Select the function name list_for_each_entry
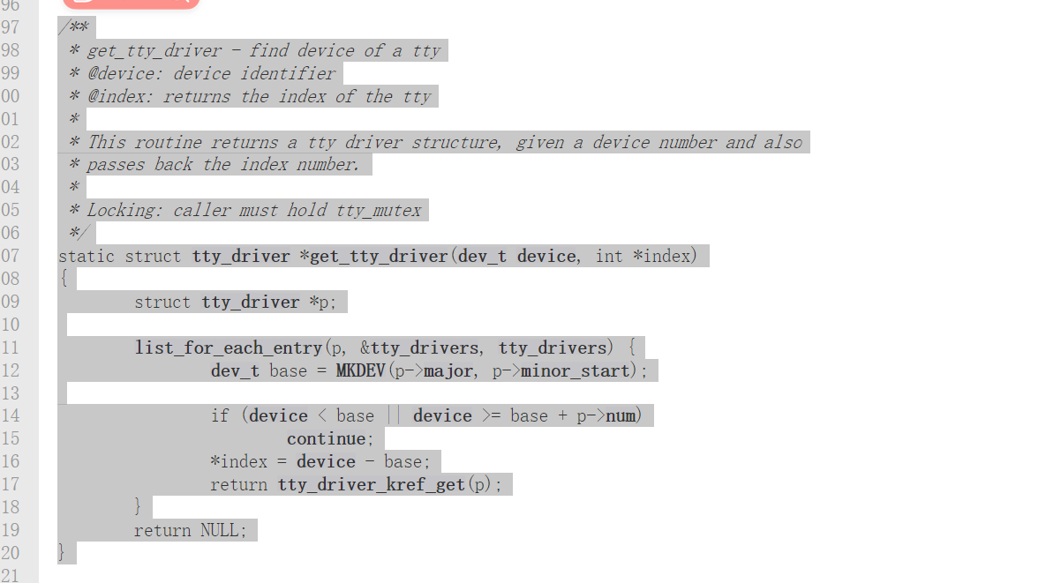pos(229,348)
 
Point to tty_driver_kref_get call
pos(372,484)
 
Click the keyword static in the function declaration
pos(87,256)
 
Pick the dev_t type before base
pos(235,370)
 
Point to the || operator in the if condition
pos(393,415)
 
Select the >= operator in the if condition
pos(491,415)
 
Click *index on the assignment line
pos(238,461)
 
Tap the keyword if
pos(220,415)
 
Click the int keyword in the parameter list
pos(609,256)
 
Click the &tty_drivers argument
pos(425,348)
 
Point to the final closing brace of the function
pos(62,553)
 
